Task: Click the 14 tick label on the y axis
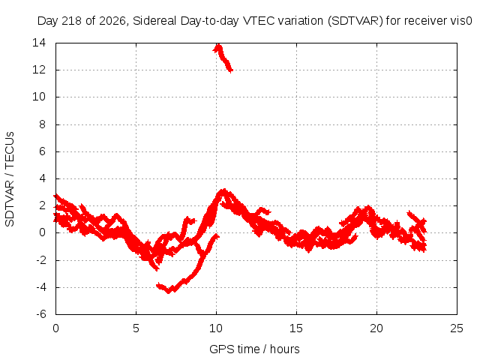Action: pyautogui.click(x=39, y=43)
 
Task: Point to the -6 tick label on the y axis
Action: pyautogui.click(x=40, y=314)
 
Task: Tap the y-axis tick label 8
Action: pyautogui.click(x=42, y=124)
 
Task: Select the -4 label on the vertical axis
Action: pyautogui.click(x=40, y=287)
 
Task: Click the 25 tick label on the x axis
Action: pyautogui.click(x=457, y=328)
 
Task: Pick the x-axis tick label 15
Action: pyautogui.click(x=296, y=328)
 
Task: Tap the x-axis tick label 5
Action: pyautogui.click(x=136, y=328)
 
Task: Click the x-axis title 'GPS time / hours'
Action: pyautogui.click(x=254, y=349)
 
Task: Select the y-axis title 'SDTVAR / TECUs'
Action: pyautogui.click(x=10, y=179)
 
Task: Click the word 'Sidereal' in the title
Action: pyautogui.click(x=154, y=21)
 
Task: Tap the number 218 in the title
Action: pyautogui.click(x=72, y=21)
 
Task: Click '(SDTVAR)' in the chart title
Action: pyautogui.click(x=355, y=21)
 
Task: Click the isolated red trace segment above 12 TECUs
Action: pyautogui.click(x=223, y=58)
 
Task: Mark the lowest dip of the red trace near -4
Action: pyautogui.click(x=168, y=292)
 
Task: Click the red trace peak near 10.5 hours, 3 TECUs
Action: pyautogui.click(x=223, y=191)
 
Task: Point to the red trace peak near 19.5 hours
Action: pyautogui.click(x=367, y=208)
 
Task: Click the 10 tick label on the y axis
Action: pyautogui.click(x=39, y=97)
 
